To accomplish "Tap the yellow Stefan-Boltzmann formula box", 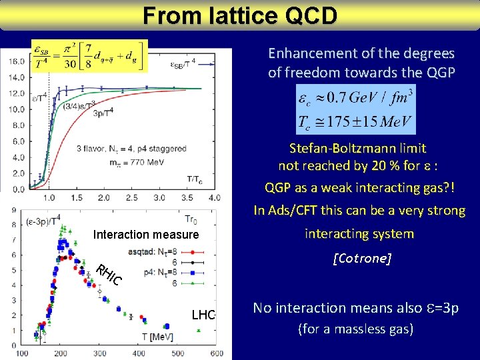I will coord(89,55).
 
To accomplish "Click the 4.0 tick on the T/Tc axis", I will coord(215,198).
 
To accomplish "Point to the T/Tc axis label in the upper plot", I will coord(194,178).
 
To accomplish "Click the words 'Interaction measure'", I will coord(146,235).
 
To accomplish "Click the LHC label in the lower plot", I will coord(203,315).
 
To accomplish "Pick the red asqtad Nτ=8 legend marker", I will coord(192,252).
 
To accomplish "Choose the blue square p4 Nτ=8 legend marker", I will coord(192,272).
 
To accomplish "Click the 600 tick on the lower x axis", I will coord(217,353).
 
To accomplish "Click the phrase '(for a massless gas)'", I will coord(356,329).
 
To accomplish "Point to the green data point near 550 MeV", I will coord(199,330).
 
